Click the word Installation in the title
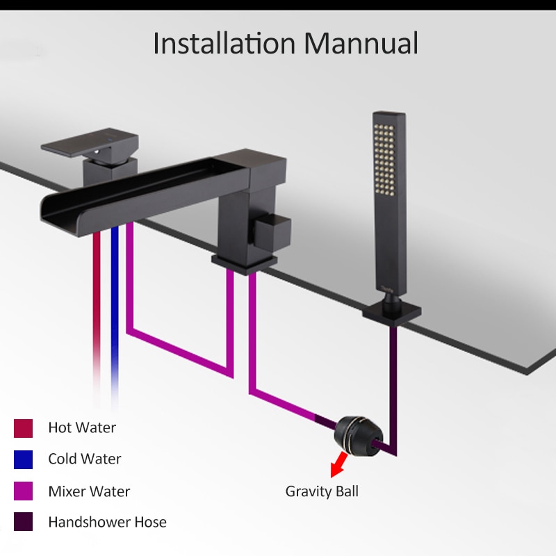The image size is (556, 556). [224, 43]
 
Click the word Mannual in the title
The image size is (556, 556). [361, 43]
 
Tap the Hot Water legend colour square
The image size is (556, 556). [24, 428]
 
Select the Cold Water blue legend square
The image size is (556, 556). [24, 459]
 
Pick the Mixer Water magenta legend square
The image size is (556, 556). [24, 491]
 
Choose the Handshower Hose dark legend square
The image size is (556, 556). [24, 522]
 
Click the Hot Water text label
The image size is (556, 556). [82, 427]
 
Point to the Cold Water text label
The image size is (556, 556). [85, 459]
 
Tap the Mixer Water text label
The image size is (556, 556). [90, 491]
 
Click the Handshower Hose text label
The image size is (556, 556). [108, 522]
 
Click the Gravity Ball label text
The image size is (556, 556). [322, 491]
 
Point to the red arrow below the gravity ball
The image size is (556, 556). [338, 464]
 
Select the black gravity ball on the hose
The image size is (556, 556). [359, 436]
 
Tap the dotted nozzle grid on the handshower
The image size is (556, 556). [384, 159]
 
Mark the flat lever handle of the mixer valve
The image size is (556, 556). [90, 143]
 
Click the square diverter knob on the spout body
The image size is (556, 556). [272, 229]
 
